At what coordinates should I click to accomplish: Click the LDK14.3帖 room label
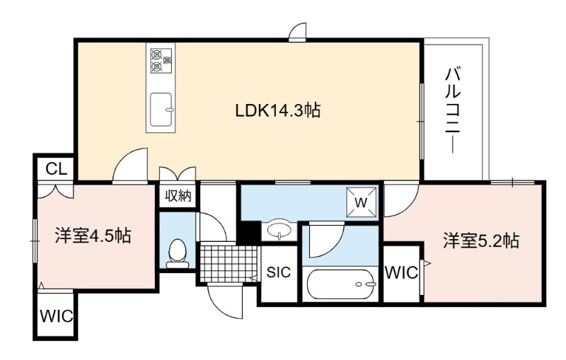point(277,110)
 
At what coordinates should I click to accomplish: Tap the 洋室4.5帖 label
point(93,236)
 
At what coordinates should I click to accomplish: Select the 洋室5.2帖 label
point(481,240)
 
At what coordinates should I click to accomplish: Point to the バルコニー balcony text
point(453,110)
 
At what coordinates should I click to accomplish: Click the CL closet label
point(57,169)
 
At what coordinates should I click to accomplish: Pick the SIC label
point(278,272)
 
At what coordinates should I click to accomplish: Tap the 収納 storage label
point(178,196)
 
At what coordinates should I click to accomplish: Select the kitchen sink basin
point(161,110)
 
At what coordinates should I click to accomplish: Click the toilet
point(178,254)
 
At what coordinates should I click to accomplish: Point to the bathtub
point(341,284)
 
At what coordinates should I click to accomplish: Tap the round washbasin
point(279,229)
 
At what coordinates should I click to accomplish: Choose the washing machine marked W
point(361,202)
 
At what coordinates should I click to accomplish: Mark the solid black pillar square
point(248,231)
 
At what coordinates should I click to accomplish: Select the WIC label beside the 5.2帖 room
point(401,273)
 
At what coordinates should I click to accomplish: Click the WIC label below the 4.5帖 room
point(56,316)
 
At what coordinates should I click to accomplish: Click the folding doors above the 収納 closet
point(178,173)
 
